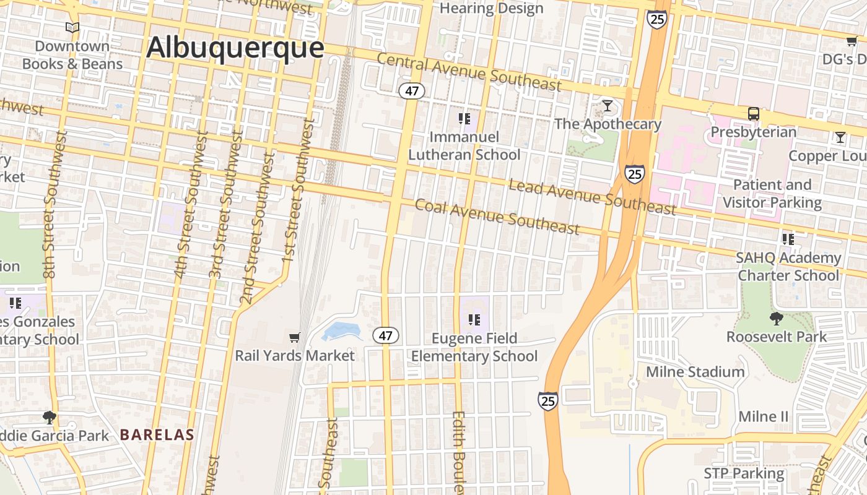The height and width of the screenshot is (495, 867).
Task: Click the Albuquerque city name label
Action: (x=235, y=48)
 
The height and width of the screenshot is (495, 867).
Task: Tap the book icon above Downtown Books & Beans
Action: (x=72, y=27)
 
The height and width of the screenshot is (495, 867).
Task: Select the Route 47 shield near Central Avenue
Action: (x=411, y=91)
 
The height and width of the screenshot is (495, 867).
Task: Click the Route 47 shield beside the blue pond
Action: (x=386, y=336)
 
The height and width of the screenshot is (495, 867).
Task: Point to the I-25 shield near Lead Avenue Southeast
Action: (x=634, y=174)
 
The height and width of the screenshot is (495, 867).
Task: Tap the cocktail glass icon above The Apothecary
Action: (x=608, y=106)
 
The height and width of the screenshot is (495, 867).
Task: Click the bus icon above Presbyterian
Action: (x=753, y=114)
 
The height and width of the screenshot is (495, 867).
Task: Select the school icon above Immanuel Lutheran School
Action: (x=464, y=118)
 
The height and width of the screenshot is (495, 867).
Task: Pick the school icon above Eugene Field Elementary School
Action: (x=474, y=320)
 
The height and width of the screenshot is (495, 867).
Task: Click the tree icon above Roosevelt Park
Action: (x=775, y=319)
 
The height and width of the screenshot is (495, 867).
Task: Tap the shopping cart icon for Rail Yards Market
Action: (x=295, y=337)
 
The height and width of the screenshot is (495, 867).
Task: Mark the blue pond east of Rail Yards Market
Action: (x=341, y=331)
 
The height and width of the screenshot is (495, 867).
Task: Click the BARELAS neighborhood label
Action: (x=157, y=435)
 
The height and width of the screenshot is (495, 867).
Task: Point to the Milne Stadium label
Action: (x=695, y=372)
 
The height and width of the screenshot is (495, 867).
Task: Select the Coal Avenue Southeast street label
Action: (x=497, y=217)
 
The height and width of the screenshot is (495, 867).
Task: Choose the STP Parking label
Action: (x=744, y=474)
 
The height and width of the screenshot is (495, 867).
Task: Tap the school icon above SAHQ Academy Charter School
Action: (x=788, y=239)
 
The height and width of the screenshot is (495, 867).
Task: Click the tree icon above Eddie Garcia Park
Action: (x=49, y=418)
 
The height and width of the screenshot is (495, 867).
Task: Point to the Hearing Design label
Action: (x=491, y=9)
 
